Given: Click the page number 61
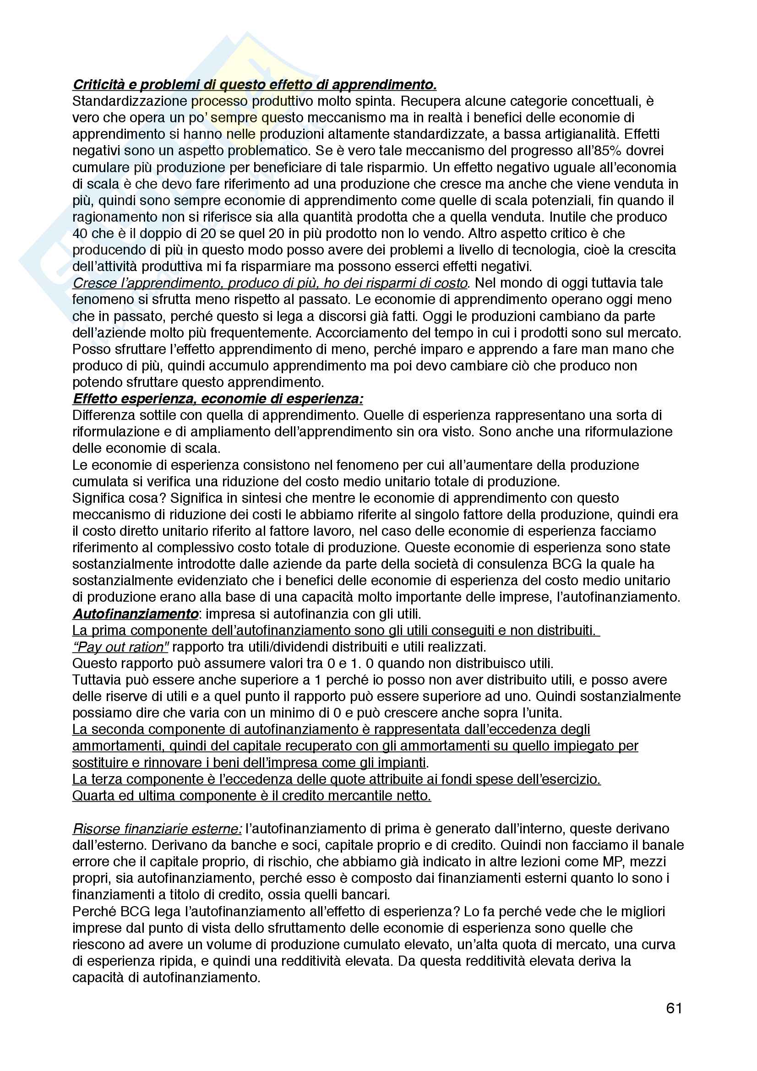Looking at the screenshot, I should point(674,1008).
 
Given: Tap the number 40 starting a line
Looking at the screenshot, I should point(80,233).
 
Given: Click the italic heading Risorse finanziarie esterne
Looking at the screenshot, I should point(157,828).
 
